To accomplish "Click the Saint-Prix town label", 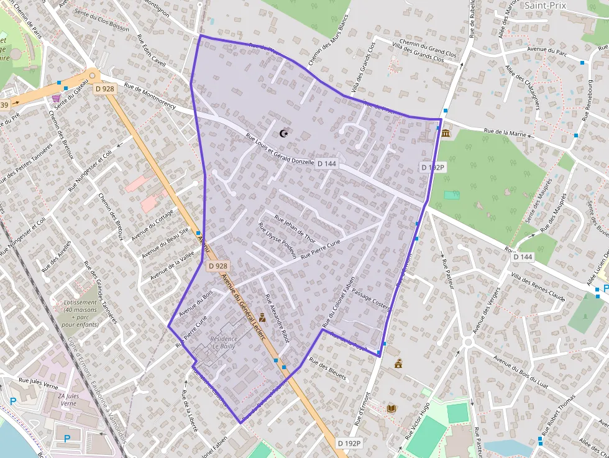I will [x=546, y=5].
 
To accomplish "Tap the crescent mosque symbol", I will [x=285, y=134].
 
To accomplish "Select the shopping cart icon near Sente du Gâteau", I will [x=57, y=98].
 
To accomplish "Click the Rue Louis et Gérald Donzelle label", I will [x=280, y=150].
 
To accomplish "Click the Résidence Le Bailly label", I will [x=223, y=342].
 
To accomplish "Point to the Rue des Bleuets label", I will [x=327, y=369].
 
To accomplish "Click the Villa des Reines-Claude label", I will [x=538, y=286].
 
